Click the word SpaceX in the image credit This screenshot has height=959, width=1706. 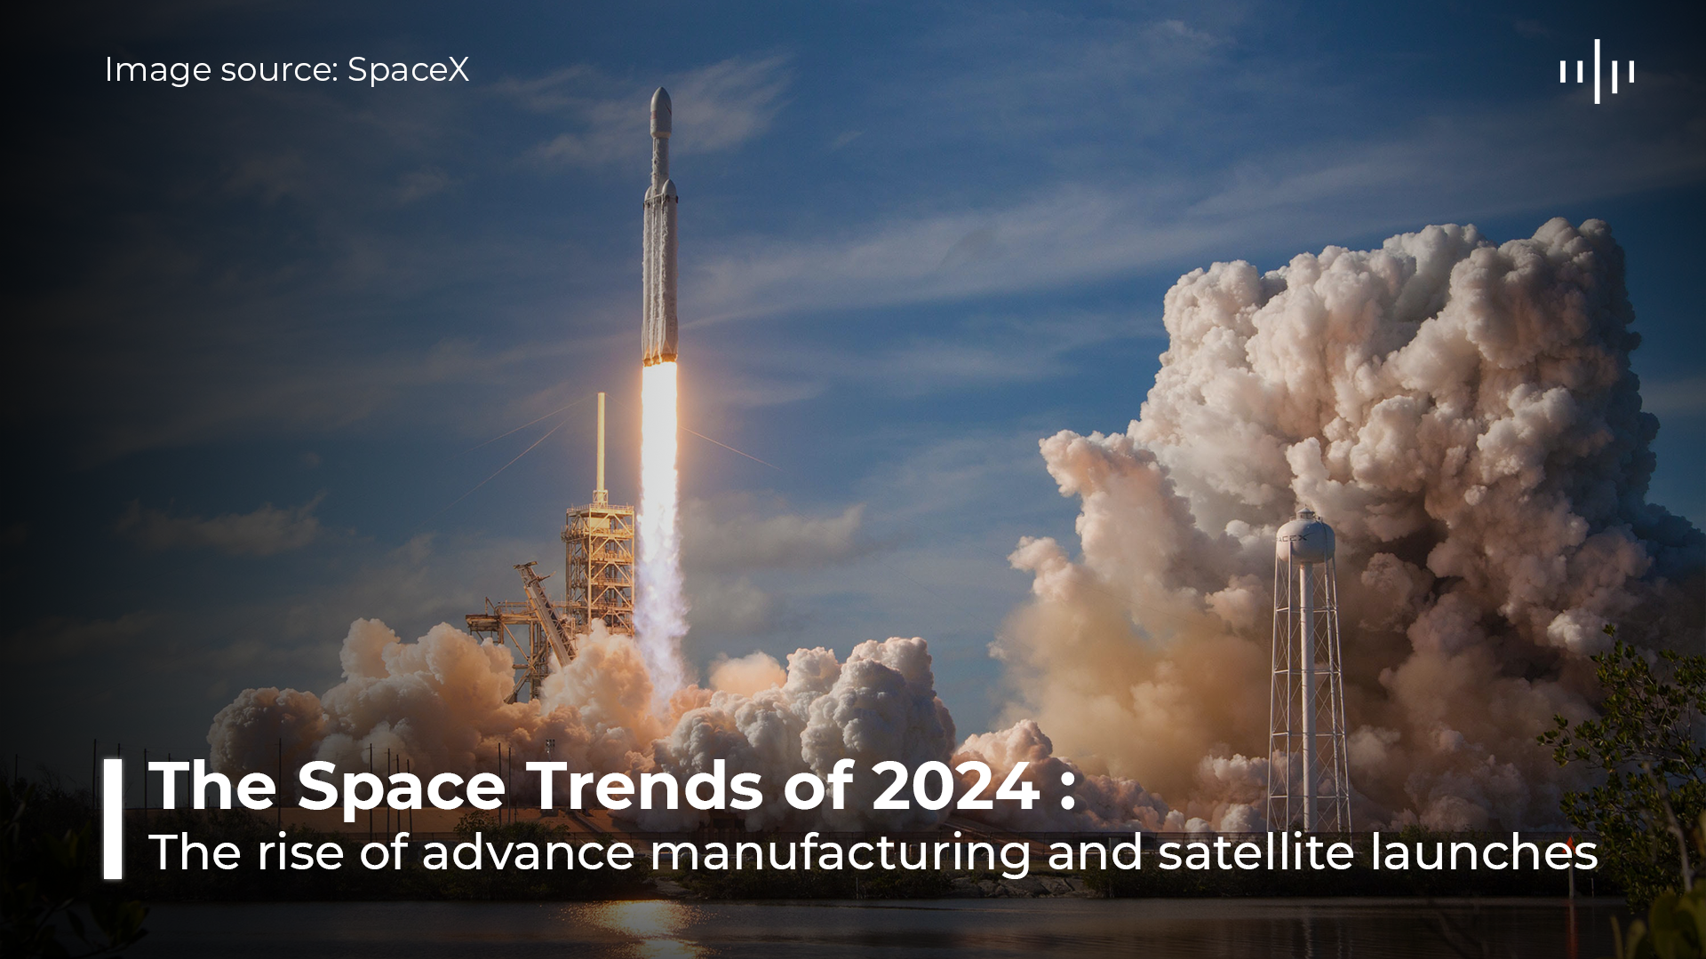(408, 69)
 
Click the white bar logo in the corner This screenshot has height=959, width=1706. (1597, 71)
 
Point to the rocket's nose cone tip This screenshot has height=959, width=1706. (659, 89)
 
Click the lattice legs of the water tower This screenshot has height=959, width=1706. (1308, 701)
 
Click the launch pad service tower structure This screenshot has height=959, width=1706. (599, 568)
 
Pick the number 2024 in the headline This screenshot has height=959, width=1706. (955, 786)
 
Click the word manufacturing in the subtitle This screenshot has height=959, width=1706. (841, 853)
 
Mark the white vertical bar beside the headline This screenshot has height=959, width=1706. (113, 819)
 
